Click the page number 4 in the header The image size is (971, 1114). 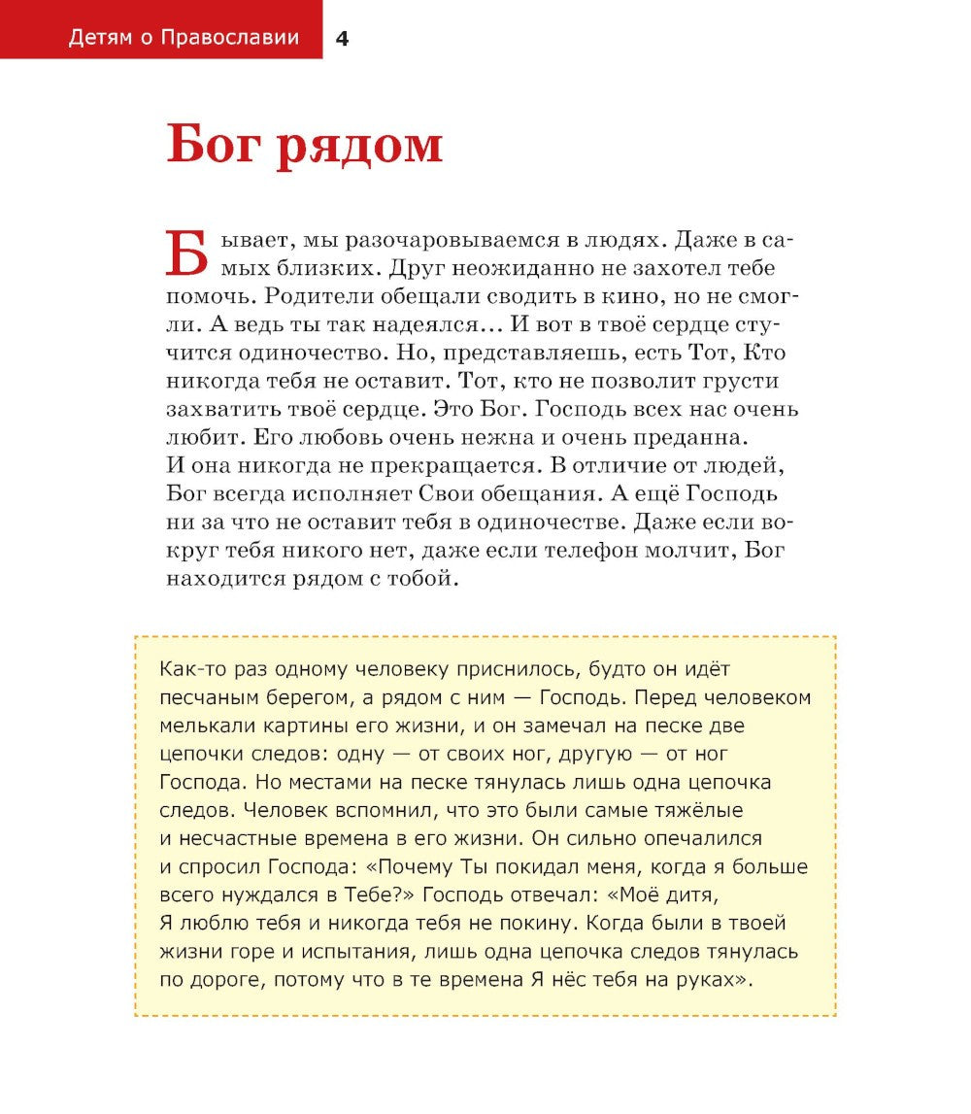(x=341, y=39)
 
